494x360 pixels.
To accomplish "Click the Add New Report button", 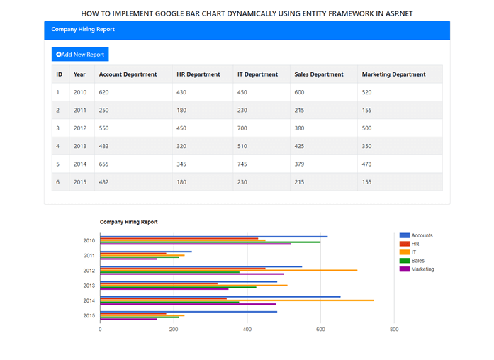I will (x=80, y=55).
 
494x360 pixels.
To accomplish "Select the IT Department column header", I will (x=257, y=74).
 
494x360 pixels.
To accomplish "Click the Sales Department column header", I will (x=318, y=74).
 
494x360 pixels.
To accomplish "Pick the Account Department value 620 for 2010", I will (x=104, y=92).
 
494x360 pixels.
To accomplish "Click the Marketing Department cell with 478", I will (x=367, y=164).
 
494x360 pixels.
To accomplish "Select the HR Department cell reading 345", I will (x=181, y=164).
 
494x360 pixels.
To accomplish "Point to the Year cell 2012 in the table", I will (x=79, y=128).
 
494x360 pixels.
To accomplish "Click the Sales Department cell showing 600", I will (x=299, y=92).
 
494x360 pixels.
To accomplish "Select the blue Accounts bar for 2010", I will (x=213, y=237).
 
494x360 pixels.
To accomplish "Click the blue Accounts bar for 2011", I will (x=145, y=252).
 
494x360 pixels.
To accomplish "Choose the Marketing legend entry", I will (x=422, y=269).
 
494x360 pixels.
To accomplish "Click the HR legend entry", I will (x=415, y=244).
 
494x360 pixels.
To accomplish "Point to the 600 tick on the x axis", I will (x=320, y=330).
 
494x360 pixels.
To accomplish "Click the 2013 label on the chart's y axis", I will (x=89, y=286).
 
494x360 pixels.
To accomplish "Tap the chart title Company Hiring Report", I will (x=128, y=222).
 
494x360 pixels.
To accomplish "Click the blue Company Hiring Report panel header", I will (x=247, y=30).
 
